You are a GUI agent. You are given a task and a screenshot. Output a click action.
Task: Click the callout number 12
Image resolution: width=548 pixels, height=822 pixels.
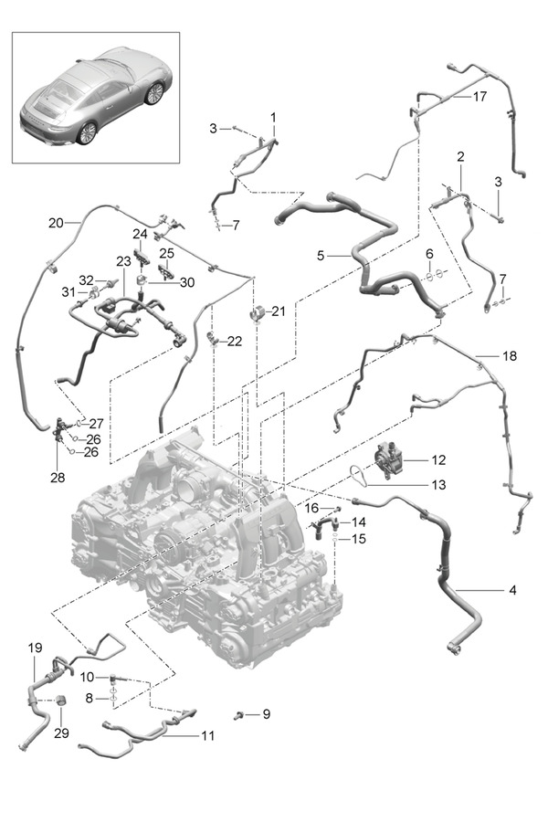[438, 458]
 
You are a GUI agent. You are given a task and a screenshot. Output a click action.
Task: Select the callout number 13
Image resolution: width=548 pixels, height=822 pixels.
[438, 485]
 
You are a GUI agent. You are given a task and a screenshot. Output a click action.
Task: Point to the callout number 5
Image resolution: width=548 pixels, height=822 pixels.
[321, 257]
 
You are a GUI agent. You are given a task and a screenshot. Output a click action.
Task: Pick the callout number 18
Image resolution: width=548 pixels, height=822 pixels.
[509, 354]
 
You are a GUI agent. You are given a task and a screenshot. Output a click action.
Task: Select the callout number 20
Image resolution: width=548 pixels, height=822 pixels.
[55, 222]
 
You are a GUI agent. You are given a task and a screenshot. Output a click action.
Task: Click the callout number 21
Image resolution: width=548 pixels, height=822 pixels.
[278, 311]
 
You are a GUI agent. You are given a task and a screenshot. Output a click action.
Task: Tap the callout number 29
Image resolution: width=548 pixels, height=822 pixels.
[62, 733]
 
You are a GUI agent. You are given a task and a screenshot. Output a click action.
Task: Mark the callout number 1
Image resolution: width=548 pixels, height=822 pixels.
[272, 118]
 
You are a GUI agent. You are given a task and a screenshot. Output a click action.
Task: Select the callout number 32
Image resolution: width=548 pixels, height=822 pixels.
[86, 279]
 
